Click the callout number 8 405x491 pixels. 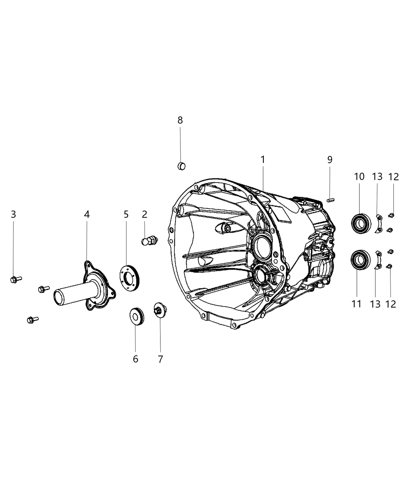(180, 120)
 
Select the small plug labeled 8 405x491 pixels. (181, 166)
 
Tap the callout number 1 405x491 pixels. (263, 159)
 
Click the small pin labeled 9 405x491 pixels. (330, 199)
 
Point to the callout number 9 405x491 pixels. (330, 159)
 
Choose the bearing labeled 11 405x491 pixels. (361, 260)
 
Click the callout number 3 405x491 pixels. (13, 214)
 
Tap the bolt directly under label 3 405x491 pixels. (15, 279)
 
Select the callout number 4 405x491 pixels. (87, 214)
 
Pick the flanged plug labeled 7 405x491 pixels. (159, 310)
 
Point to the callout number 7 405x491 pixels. (160, 359)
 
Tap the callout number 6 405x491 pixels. (135, 359)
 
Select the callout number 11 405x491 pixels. (356, 304)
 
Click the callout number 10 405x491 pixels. (359, 177)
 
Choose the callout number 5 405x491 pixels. (126, 214)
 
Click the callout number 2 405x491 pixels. (145, 214)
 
